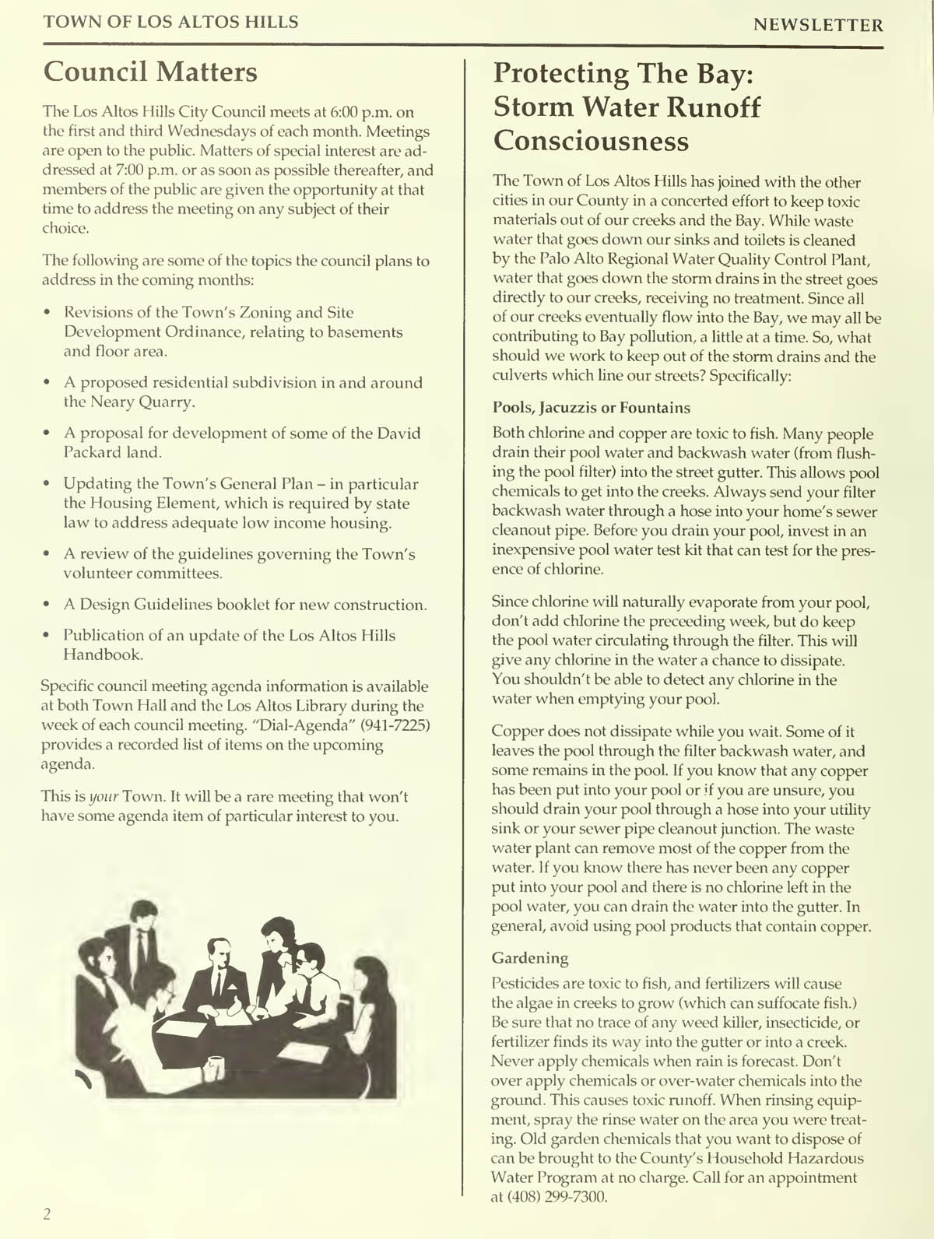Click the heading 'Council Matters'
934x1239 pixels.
(149, 72)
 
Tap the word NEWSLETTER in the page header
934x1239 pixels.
(818, 25)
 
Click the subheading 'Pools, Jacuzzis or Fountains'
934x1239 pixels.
(591, 408)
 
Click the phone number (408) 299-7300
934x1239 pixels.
(557, 1197)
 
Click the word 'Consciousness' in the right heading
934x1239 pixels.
(592, 141)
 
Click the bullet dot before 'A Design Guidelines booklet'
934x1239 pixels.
(48, 605)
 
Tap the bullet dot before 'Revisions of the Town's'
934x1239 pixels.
(48, 313)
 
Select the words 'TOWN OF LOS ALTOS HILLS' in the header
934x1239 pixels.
(170, 22)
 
